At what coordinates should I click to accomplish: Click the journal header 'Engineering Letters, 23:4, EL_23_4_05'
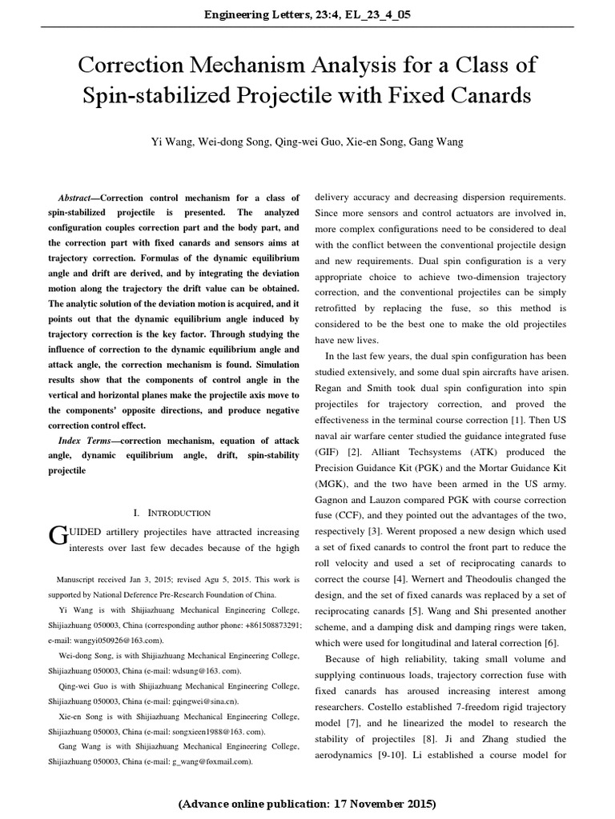(x=307, y=14)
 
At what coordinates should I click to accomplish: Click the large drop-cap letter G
(x=58, y=536)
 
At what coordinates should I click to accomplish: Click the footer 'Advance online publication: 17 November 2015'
(x=307, y=802)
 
